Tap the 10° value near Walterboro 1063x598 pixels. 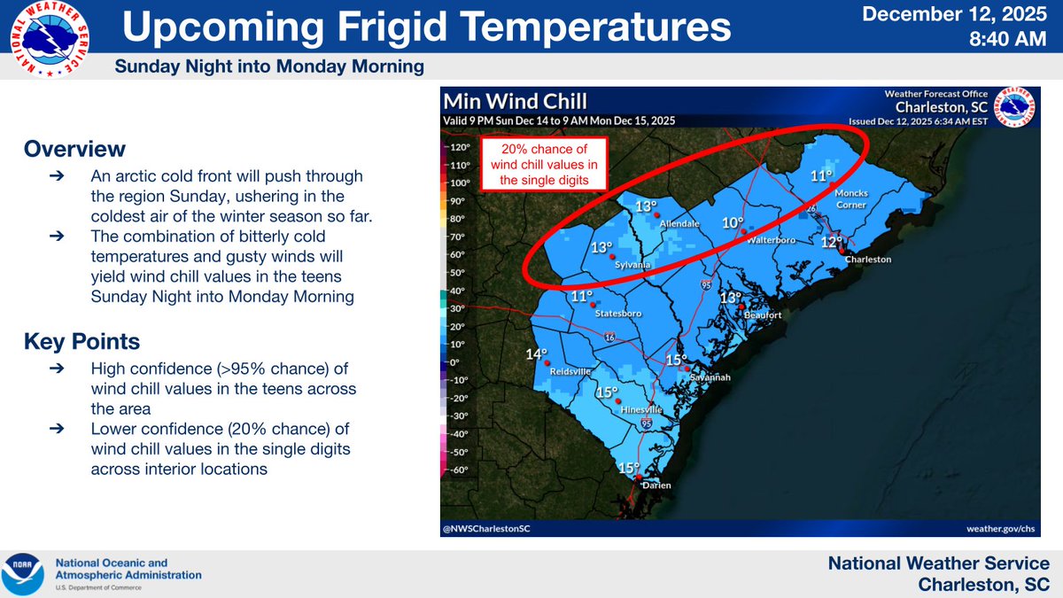[732, 223]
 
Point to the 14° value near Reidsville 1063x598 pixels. [537, 354]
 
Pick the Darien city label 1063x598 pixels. [656, 485]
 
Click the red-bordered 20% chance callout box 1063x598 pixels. [543, 164]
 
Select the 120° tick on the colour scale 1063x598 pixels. [460, 147]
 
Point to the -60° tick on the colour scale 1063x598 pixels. [460, 470]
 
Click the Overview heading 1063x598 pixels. [74, 148]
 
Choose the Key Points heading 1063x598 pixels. [81, 341]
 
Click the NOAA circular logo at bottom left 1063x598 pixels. [23, 574]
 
